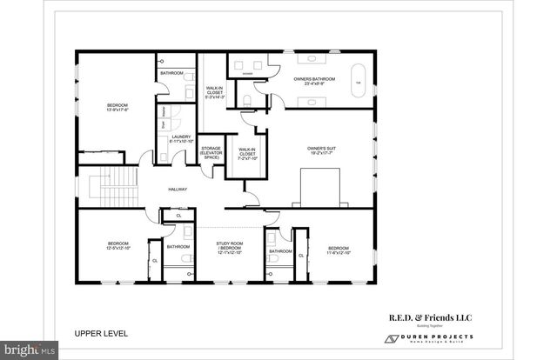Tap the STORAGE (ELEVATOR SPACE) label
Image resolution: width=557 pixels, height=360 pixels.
click(x=211, y=154)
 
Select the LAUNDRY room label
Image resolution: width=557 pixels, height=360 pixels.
click(x=182, y=138)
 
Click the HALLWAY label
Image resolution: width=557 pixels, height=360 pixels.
click(x=178, y=190)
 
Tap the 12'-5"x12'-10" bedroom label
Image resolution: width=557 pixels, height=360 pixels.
click(x=117, y=246)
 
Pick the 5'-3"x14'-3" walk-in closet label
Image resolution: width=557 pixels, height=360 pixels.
click(x=214, y=93)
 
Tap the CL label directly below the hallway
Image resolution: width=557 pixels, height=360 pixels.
click(x=179, y=215)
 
